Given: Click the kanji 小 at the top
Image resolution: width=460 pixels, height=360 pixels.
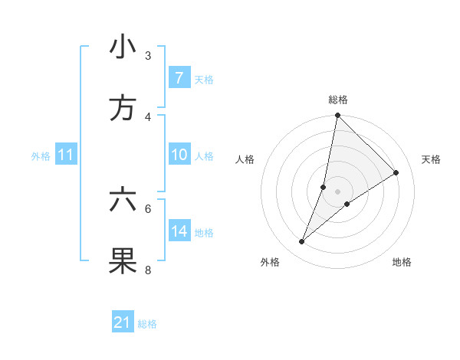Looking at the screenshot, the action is pos(123,47).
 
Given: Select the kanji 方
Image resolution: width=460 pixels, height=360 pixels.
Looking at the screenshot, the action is pos(123,109).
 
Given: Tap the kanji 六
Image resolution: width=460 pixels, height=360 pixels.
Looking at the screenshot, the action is pos(123,200).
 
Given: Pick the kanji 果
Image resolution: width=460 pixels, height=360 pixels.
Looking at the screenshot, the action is pos(123,261).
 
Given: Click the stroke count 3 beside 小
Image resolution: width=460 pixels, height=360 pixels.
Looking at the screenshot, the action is pos(148,56).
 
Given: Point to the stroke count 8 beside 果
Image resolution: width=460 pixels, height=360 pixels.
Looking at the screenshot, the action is pos(148,270).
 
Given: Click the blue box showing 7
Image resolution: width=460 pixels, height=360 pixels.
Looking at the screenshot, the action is pos(179,78).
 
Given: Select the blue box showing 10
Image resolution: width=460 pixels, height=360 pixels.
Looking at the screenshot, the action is pos(179,155).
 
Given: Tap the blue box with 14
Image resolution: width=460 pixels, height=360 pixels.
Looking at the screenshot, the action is pos(179,231).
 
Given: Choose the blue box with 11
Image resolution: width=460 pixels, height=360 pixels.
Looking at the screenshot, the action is pos(66,155).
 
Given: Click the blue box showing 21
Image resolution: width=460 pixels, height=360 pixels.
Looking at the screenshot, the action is pos(123,322).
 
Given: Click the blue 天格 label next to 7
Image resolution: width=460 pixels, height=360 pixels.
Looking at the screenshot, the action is pos(204,79).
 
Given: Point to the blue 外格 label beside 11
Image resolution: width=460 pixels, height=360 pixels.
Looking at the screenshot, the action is pos(41,156).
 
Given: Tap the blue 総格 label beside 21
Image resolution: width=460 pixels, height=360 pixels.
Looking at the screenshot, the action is pos(147,324).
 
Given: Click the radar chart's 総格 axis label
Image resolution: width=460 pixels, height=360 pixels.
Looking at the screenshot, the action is pos(338,100).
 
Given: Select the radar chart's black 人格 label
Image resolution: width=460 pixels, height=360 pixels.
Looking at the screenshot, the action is pos(245,159).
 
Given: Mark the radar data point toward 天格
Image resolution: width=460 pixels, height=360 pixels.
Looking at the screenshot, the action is pos(396,173).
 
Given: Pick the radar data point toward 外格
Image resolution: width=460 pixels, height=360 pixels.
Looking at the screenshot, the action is pos(302,242).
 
